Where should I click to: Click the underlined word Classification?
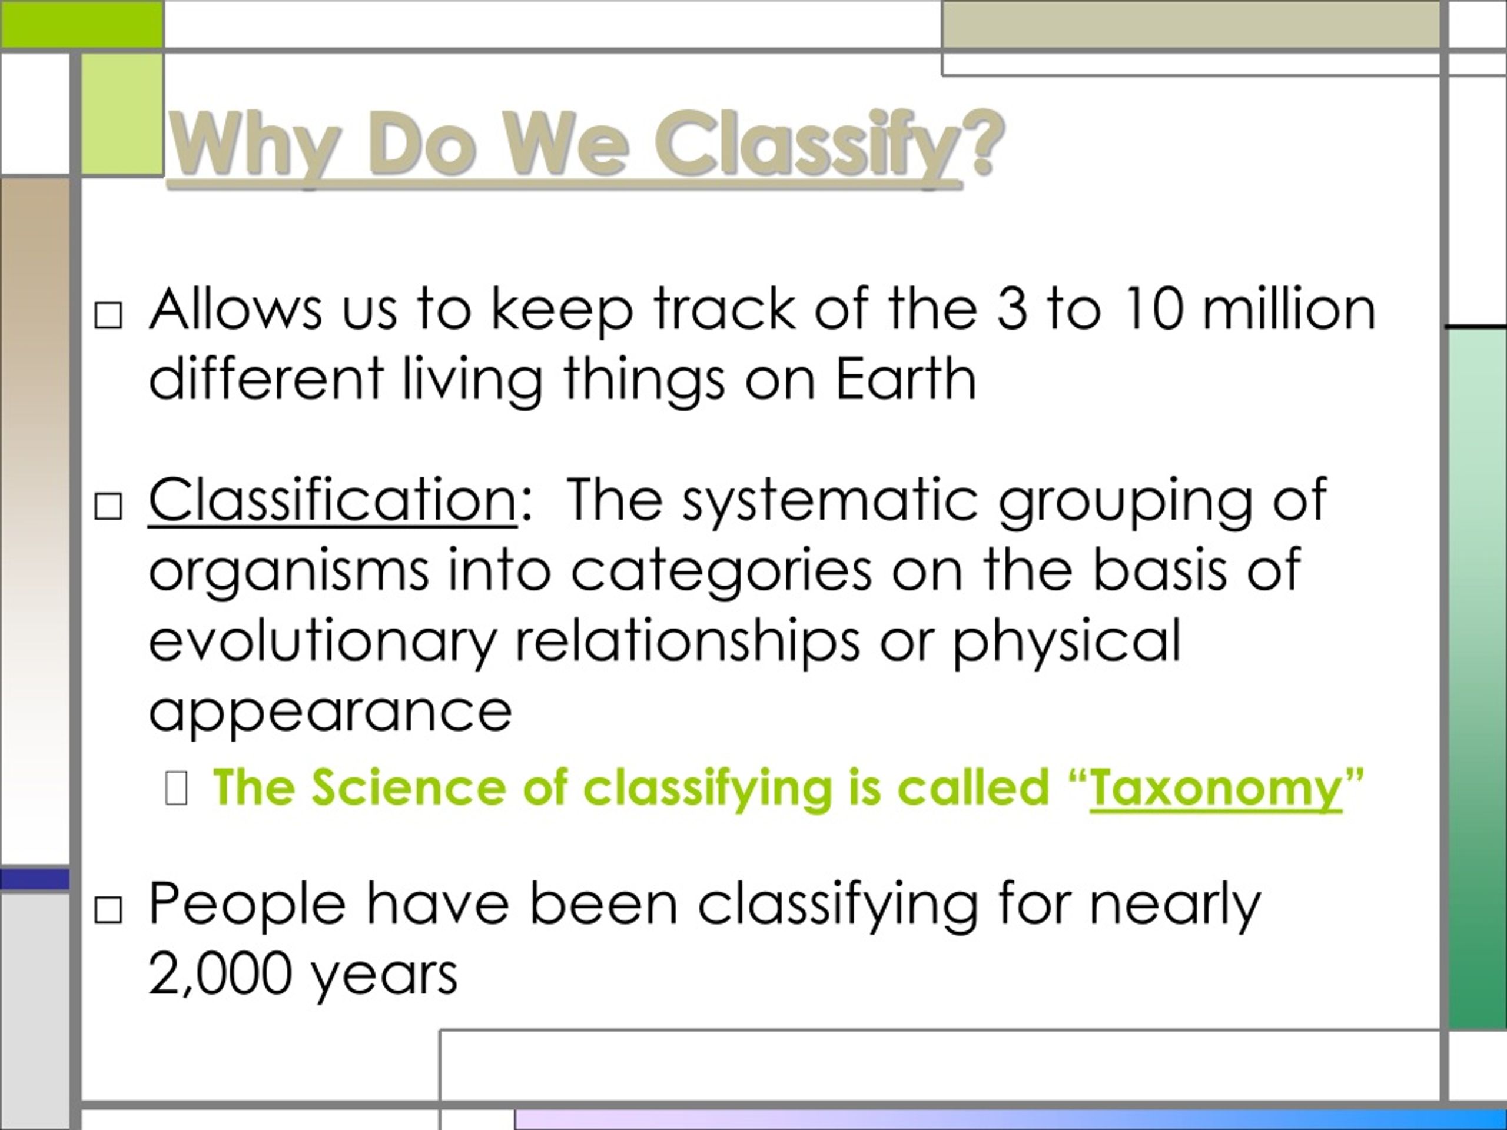(333, 501)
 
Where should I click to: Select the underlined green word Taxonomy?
(1216, 787)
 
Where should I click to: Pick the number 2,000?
(220, 973)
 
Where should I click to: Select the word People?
(247, 904)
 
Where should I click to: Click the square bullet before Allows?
(108, 315)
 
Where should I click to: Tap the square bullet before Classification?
(108, 507)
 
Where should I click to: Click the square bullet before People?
(108, 910)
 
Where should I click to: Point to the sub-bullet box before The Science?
(176, 789)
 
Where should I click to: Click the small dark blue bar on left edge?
(35, 879)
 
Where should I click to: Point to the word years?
(384, 975)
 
